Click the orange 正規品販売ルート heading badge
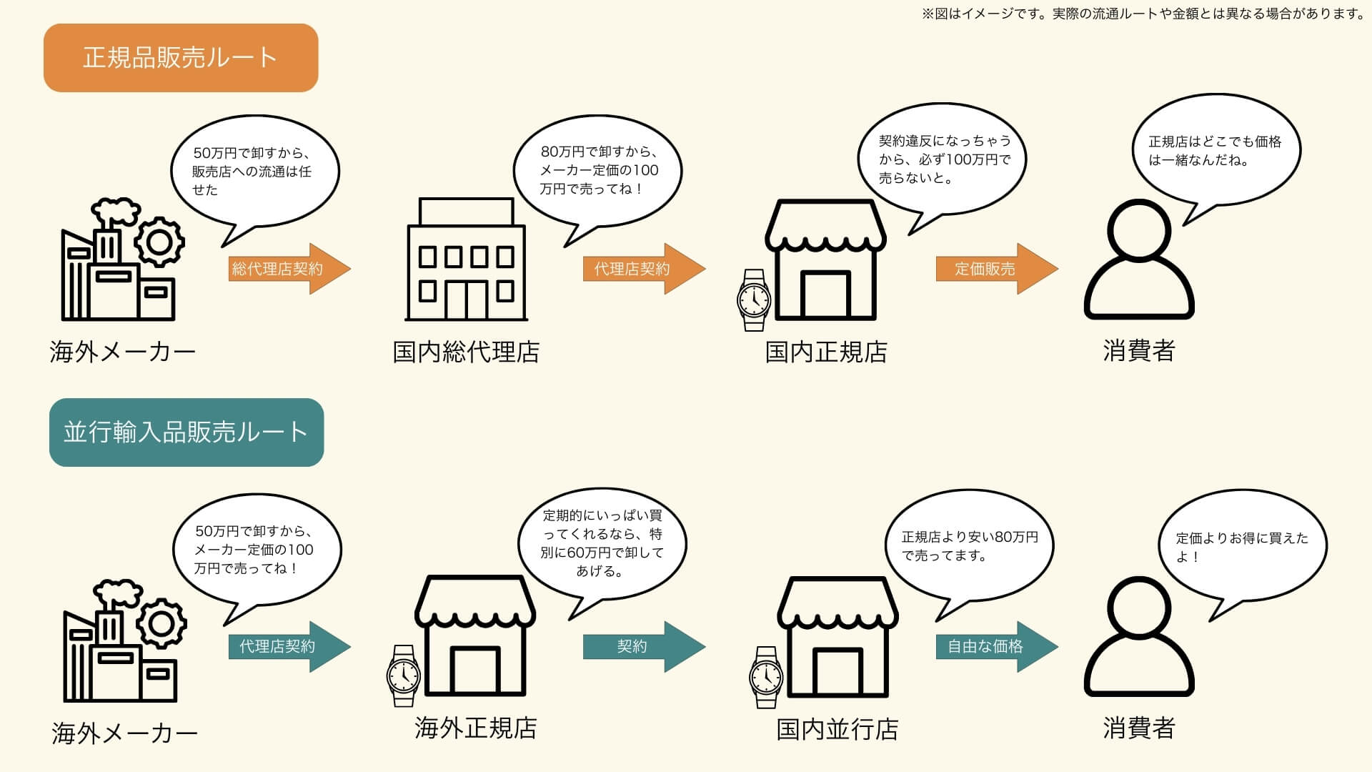[x=180, y=58]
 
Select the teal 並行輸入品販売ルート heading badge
[x=186, y=432]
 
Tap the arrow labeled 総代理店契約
[x=288, y=269]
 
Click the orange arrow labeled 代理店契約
[x=642, y=269]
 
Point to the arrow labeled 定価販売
[x=995, y=269]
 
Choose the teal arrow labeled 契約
[x=642, y=646]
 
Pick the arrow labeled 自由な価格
[x=995, y=646]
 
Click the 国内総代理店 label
[x=466, y=352]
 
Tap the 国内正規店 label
[x=826, y=352]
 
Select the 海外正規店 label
[x=475, y=728]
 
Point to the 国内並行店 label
[x=837, y=730]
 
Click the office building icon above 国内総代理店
[x=466, y=260]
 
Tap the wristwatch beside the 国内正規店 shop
[x=754, y=300]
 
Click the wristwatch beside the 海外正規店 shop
[x=403, y=675]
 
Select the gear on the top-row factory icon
[x=159, y=243]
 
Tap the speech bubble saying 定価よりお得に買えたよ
[x=1242, y=546]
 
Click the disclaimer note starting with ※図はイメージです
[x=1143, y=14]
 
